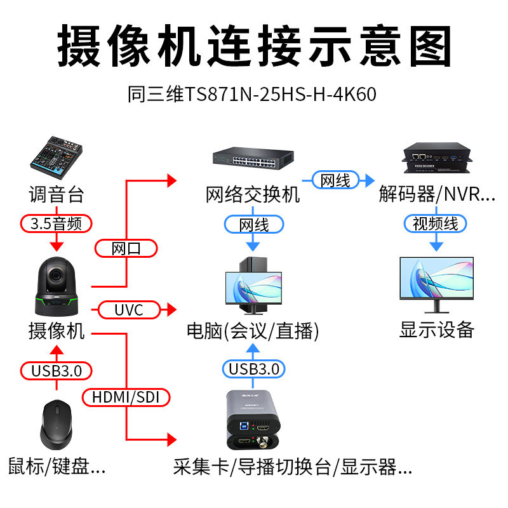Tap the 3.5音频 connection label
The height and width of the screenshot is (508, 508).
coord(57,223)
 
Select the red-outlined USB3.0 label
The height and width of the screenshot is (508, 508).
coord(57,370)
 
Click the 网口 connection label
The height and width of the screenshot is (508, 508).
coord(126,248)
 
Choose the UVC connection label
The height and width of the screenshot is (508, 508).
coord(128,310)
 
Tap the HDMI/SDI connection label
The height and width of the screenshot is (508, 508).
coord(127,398)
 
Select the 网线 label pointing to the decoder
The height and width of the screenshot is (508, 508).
coord(335,180)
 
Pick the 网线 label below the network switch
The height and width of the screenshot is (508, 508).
coord(253,224)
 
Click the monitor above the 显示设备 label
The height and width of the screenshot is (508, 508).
coord(436,283)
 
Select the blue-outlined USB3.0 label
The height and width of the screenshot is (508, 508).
coord(253,369)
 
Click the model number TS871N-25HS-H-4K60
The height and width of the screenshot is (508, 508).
coord(252,94)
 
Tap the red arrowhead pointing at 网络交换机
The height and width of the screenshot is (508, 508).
coord(171,181)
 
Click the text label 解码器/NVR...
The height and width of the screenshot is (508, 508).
coord(437,194)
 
